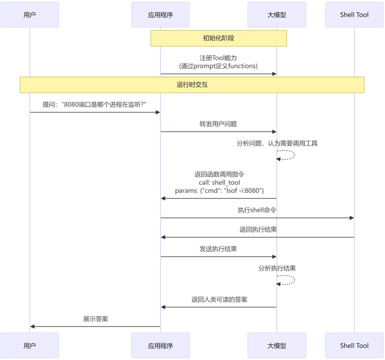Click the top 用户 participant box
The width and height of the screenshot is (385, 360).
coord(30,15)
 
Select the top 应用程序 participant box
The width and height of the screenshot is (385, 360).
coord(160,15)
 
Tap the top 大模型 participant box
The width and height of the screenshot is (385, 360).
coord(276,15)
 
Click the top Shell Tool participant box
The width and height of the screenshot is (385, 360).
coord(354,15)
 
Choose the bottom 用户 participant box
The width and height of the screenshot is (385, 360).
coord(30,345)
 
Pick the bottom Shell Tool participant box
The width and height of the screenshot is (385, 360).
coord(354,345)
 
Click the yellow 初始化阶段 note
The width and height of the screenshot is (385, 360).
coord(218,38)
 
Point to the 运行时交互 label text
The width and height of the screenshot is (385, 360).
coord(192,85)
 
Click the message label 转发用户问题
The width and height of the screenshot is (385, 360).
coord(218,124)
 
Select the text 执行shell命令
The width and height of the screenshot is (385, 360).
coord(257,210)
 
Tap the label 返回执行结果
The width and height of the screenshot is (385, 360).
coord(258,230)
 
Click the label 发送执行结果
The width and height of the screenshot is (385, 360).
coord(218,249)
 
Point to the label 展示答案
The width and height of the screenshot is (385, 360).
coord(96,319)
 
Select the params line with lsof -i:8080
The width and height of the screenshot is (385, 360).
coord(219,191)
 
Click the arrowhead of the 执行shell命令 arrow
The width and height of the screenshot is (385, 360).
coord(351,218)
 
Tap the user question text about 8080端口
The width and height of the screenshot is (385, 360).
coord(95,105)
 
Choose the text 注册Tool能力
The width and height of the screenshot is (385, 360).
coord(218,58)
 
